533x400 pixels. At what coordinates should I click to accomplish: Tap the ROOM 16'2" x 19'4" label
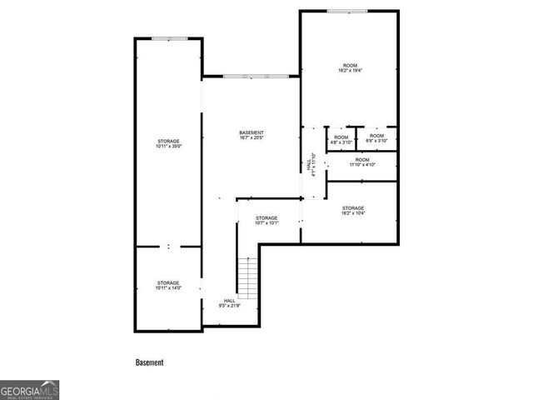pyautogui.click(x=350, y=68)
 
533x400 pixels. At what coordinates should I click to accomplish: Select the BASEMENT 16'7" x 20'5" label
pyautogui.click(x=252, y=136)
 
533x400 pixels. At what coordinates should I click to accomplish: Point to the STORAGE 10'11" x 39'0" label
pyautogui.click(x=168, y=144)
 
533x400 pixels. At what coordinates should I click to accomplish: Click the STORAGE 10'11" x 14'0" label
pyautogui.click(x=168, y=286)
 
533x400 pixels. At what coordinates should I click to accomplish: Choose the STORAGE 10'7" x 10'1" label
pyautogui.click(x=266, y=220)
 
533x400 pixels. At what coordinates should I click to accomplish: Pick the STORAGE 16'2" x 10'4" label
pyautogui.click(x=352, y=210)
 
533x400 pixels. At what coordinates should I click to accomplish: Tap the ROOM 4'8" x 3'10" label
pyautogui.click(x=341, y=138)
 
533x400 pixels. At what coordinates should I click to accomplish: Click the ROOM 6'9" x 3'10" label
pyautogui.click(x=376, y=138)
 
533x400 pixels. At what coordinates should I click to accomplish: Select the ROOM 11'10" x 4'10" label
pyautogui.click(x=362, y=162)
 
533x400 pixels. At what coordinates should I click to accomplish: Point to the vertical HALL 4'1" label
pyautogui.click(x=311, y=166)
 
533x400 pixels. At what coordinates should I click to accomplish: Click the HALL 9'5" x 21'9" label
pyautogui.click(x=229, y=303)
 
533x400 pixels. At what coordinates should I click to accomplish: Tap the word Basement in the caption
pyautogui.click(x=150, y=362)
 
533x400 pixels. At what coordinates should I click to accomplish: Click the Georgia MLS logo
pyautogui.click(x=29, y=390)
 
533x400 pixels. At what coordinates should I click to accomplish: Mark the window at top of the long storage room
pyautogui.click(x=168, y=38)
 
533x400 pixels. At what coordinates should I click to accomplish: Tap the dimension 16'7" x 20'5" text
pyautogui.click(x=252, y=139)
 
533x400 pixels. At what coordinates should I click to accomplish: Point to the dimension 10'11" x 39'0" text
pyautogui.click(x=168, y=147)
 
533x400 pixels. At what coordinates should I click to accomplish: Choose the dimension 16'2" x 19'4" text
pyautogui.click(x=350, y=72)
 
